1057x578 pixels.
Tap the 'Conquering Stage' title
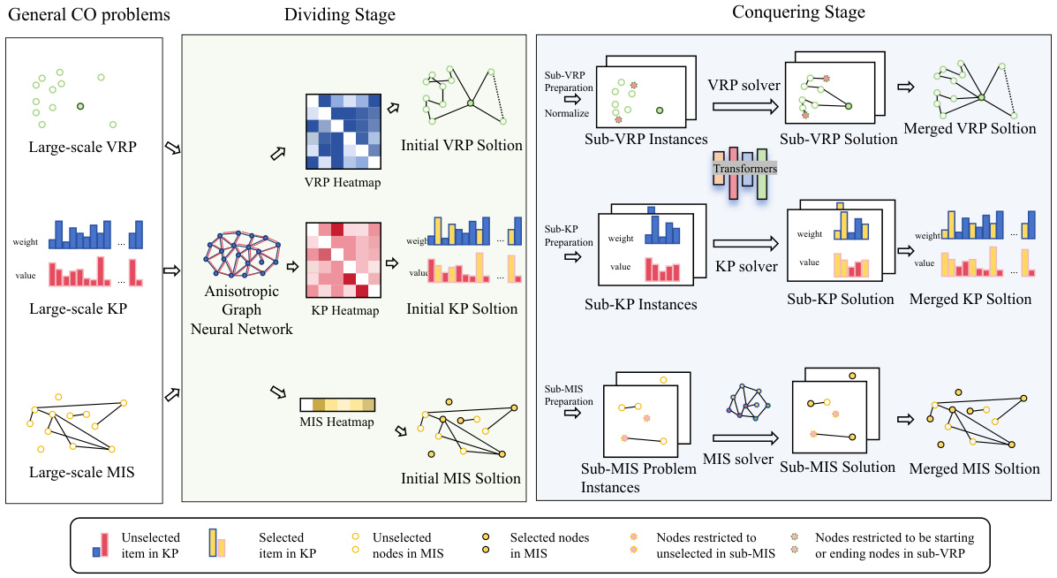[798, 12]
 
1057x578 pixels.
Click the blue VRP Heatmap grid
[343, 131]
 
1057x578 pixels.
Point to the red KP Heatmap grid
[343, 260]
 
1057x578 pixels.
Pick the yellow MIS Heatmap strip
[336, 405]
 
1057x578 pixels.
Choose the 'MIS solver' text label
[738, 459]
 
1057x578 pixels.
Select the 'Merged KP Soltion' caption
[970, 299]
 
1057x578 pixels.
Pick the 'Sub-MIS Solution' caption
[841, 467]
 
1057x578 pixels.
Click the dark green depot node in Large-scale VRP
[80, 107]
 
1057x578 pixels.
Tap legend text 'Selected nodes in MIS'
[548, 544]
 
